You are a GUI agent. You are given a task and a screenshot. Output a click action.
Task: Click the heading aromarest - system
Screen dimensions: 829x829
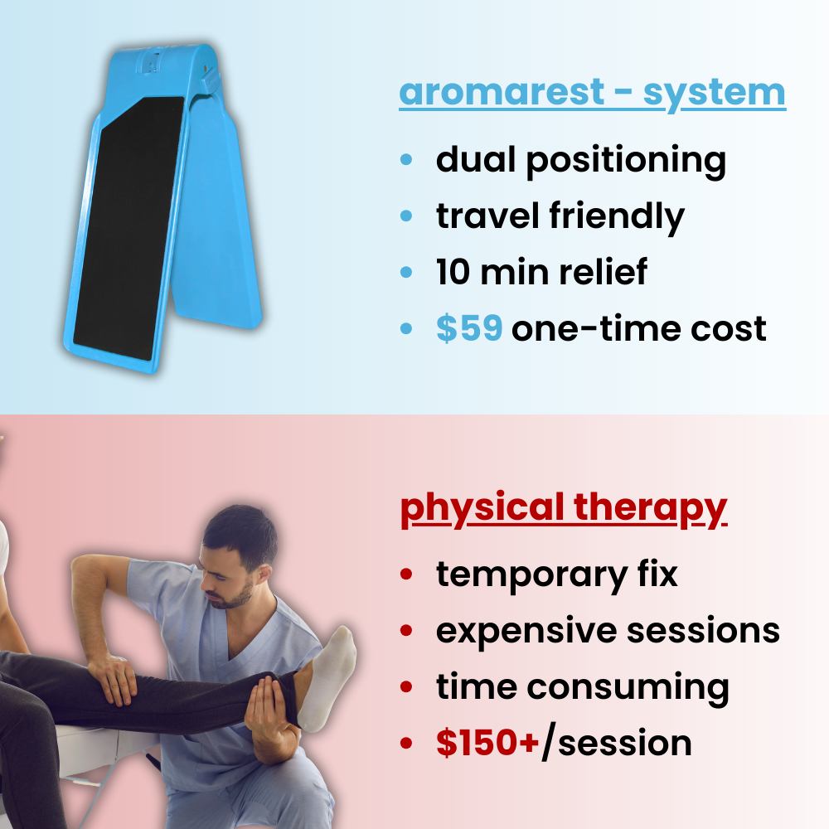592,93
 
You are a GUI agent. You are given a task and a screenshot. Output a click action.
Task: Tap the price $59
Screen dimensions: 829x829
469,329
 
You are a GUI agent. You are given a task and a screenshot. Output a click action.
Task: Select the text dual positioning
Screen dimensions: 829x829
580,161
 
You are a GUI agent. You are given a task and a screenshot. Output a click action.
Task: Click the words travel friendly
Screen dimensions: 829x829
560,216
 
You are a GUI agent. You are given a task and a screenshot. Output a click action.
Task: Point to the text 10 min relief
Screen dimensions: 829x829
541,273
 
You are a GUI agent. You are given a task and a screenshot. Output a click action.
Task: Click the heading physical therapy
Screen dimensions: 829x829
564,508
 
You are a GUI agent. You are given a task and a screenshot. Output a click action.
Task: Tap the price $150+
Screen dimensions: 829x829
488,743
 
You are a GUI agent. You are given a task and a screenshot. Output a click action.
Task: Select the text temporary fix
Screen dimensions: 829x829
557,574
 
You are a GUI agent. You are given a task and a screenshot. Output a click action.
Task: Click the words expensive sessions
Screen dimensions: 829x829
608,630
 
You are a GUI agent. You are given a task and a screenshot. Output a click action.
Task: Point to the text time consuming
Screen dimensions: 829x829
582,687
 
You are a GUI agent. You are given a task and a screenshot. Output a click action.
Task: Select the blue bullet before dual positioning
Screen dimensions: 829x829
406,159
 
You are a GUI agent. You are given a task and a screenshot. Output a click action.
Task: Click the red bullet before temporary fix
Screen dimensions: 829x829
406,574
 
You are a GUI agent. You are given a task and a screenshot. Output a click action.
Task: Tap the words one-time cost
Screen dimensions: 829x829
638,329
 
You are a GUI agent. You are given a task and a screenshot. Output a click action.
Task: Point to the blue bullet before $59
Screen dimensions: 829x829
406,329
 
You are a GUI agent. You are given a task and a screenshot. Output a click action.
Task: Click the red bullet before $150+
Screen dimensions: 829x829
406,743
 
